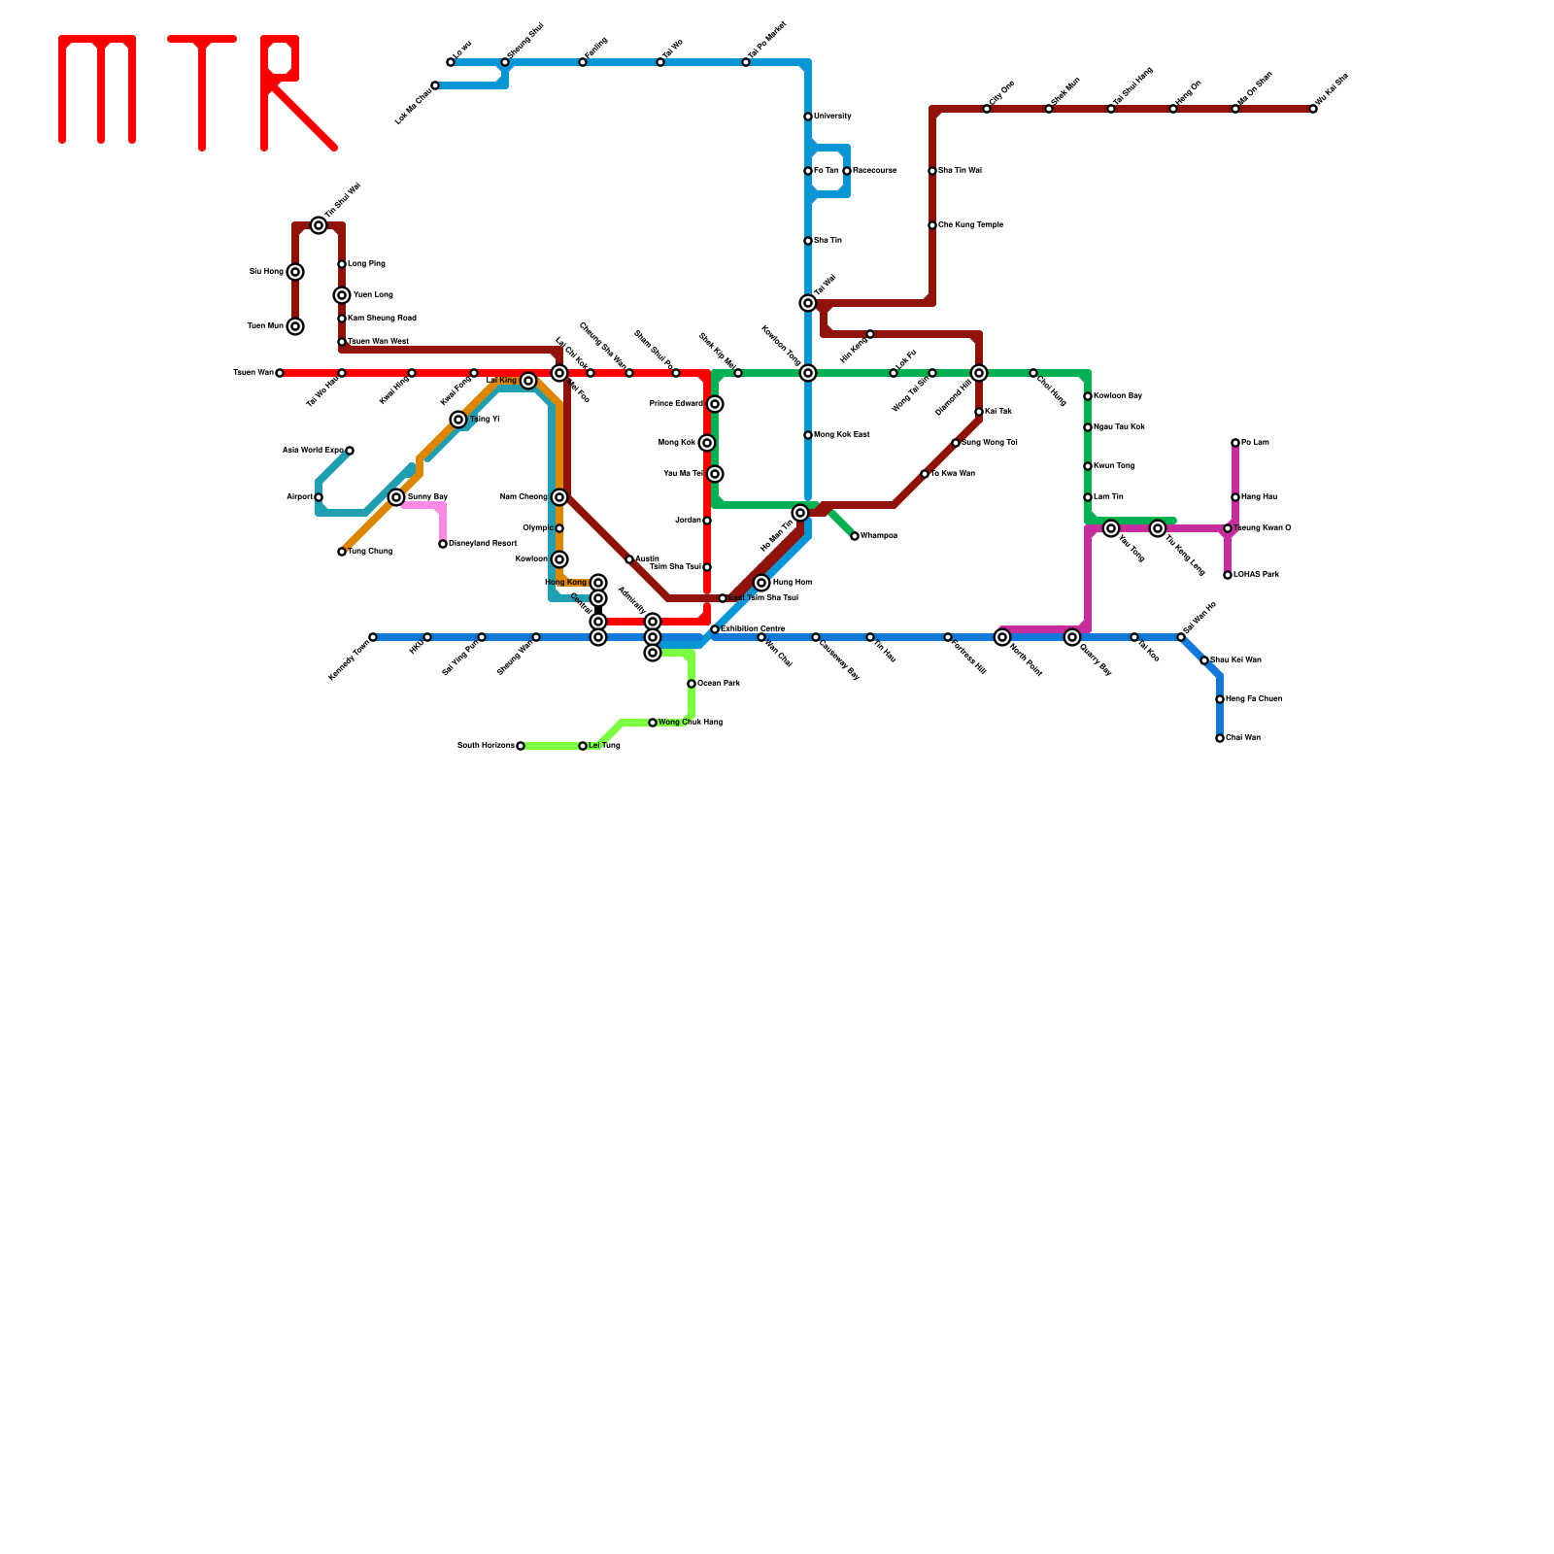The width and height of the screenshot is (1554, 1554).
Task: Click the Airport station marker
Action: coord(319,497)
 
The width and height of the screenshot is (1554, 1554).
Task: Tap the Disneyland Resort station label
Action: coord(483,544)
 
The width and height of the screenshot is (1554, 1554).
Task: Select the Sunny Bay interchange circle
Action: coord(396,497)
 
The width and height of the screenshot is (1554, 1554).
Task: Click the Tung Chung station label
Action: coord(370,552)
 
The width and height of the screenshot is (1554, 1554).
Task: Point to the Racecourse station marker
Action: coord(847,171)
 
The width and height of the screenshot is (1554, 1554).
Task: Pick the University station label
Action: coord(832,117)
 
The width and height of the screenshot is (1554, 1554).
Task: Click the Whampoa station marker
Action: coord(855,536)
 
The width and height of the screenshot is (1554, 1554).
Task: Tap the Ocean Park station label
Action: coord(719,684)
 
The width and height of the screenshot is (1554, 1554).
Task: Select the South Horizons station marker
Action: coord(521,746)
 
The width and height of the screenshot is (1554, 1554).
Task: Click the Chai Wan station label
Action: coord(1243,738)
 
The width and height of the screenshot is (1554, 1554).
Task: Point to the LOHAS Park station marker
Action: coord(1228,575)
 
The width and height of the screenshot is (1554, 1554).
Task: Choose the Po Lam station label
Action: coord(1255,443)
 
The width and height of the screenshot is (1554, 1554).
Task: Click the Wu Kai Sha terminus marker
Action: coord(1313,109)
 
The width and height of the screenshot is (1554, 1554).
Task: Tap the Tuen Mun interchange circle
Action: coord(295,326)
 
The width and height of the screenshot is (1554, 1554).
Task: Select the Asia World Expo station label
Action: coord(313,451)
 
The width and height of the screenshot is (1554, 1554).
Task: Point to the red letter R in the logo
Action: coord(291,92)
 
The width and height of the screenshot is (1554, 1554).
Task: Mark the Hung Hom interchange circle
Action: coord(761,583)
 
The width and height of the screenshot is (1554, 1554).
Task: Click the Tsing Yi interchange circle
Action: coord(458,420)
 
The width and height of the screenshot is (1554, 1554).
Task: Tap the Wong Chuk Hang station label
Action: coord(691,723)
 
